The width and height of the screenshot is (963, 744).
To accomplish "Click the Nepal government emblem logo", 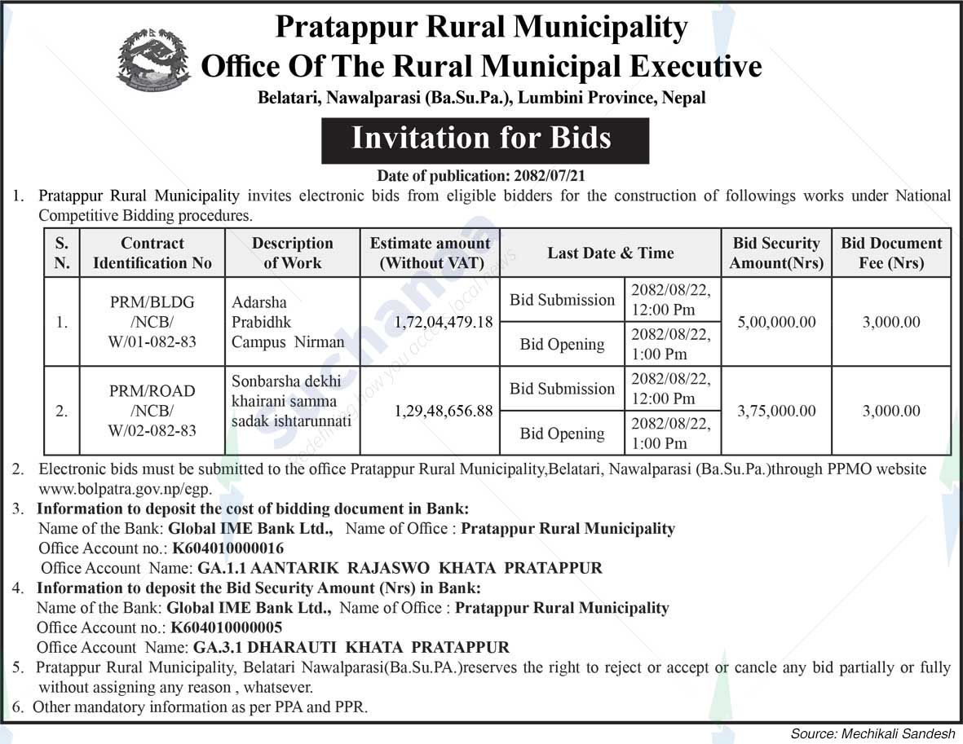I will point(153,59).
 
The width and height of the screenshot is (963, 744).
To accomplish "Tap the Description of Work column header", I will point(292,253).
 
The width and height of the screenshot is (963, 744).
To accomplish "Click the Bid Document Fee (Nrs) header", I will point(891,253).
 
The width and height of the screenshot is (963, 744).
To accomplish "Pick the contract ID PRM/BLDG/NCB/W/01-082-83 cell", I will point(152,322).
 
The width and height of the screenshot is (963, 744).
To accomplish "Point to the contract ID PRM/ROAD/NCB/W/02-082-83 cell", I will point(152,411).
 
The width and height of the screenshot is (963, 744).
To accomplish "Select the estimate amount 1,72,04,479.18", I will point(443,322).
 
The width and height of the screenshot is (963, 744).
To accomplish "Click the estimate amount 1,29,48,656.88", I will point(443,411).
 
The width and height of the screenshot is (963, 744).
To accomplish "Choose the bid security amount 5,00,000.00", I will point(775,322).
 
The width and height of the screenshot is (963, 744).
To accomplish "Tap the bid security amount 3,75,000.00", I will point(775,411).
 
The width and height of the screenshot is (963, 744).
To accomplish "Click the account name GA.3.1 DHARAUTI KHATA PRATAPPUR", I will point(351,648).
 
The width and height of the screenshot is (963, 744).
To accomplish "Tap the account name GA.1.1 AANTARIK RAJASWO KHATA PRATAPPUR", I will point(400,568).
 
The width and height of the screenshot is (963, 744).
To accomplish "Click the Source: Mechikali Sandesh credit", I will point(873,733).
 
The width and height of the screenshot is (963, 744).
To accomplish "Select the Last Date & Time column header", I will point(610,253).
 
